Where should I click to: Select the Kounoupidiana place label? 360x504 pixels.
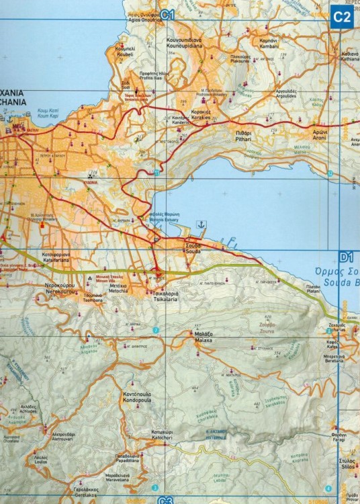click(x=185, y=44)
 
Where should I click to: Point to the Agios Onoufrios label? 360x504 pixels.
click(x=143, y=17)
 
